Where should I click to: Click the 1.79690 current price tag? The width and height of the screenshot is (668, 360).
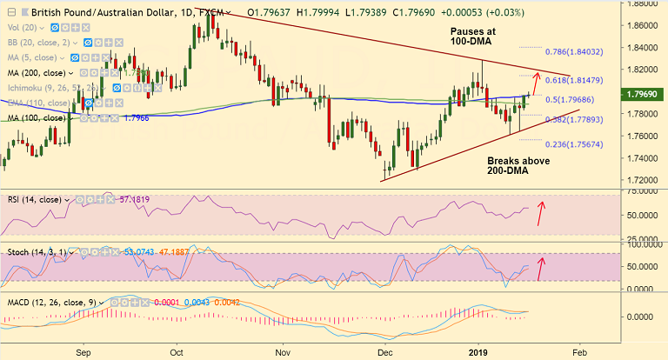tap(643, 91)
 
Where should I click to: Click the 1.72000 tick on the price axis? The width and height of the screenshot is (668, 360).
tap(641, 180)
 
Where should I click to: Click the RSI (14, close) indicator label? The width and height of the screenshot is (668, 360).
tap(37, 199)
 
